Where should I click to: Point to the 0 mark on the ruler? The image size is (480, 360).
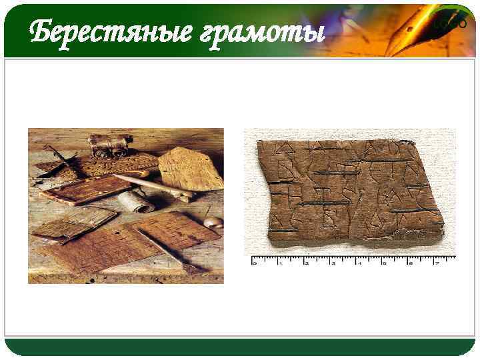pos(253,263)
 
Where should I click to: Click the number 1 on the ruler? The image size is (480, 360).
pos(280,263)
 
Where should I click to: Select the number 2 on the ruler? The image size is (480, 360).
pos(306,263)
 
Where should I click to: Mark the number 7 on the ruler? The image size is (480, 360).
pos(437,263)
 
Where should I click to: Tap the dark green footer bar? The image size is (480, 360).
pos(240,346)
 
